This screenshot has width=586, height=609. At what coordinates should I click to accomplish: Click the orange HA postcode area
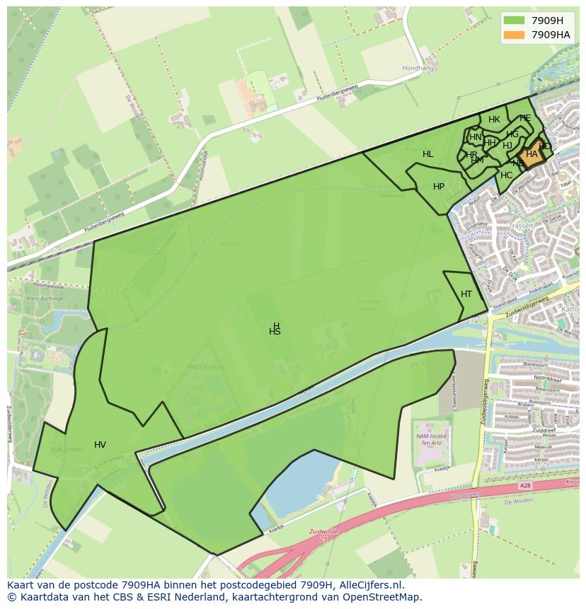[531, 154]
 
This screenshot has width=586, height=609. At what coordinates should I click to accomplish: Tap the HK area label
[494, 120]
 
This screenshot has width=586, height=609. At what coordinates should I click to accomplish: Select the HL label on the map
[428, 154]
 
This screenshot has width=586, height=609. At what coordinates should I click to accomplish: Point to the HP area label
[439, 187]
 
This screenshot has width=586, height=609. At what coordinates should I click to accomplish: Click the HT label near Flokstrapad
[466, 294]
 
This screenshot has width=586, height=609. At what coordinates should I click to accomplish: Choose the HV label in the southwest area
[100, 445]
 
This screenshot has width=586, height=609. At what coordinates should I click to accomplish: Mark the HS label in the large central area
[275, 332]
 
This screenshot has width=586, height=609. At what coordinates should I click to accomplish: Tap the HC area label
[506, 175]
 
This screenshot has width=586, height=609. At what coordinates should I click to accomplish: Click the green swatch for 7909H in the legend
[514, 21]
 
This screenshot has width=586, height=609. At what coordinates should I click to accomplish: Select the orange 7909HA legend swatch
[514, 35]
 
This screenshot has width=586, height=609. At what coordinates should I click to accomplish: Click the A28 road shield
[524, 486]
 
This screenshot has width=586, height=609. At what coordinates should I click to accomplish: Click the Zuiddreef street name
[544, 430]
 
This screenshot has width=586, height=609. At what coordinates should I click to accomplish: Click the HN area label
[476, 137]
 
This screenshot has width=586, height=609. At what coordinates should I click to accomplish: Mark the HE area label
[524, 118]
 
